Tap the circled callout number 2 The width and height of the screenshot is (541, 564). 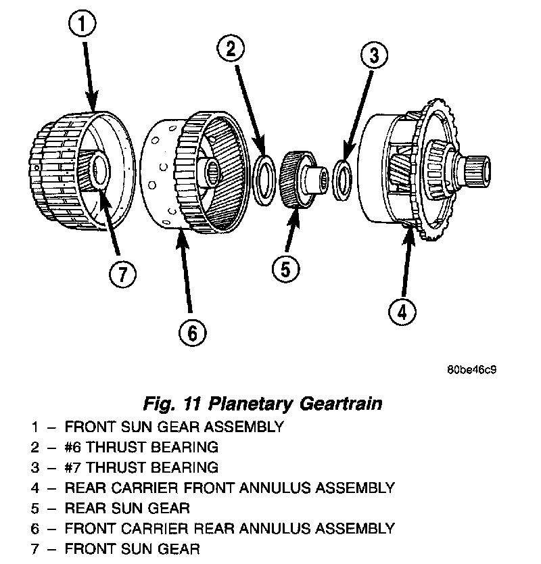tap(230, 48)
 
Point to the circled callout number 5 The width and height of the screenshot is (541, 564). tap(285, 269)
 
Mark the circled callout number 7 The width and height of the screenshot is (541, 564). tap(122, 275)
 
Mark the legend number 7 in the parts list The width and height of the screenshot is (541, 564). tap(34, 548)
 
